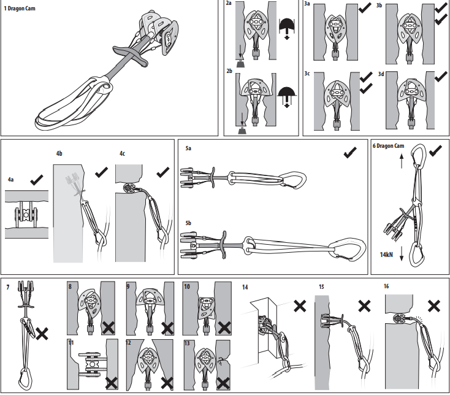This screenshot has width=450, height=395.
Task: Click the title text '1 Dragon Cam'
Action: [x=20, y=8]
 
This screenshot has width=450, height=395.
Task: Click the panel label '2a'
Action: [x=229, y=4]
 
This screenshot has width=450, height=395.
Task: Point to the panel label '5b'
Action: [x=189, y=221]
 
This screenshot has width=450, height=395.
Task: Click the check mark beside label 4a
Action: [x=36, y=179]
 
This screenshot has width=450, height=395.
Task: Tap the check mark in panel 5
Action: [x=351, y=153]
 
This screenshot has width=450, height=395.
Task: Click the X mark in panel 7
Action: [x=42, y=334]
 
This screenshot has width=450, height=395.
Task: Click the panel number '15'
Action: [x=322, y=286]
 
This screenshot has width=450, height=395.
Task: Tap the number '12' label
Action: [x=128, y=342]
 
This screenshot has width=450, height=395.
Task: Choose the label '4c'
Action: [x=122, y=153]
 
